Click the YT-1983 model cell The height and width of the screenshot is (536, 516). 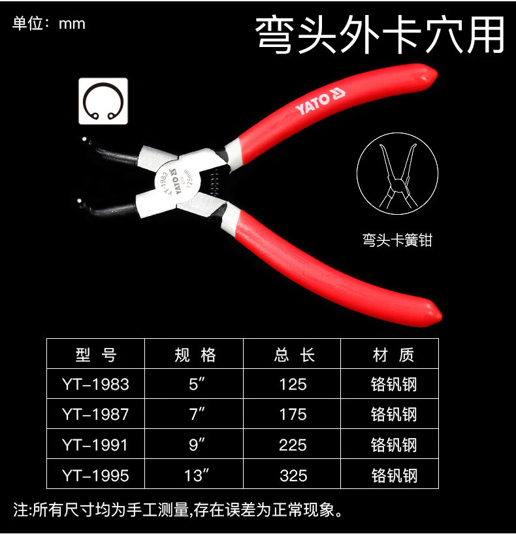coord(95,385)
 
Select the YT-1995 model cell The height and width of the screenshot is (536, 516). coord(95,475)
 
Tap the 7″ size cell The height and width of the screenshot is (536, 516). coord(197,414)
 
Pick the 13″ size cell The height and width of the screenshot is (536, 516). coord(197,475)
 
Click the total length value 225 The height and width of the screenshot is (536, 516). coord(293,445)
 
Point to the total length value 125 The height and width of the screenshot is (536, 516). coord(293,385)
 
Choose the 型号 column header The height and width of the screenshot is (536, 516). coord(96,355)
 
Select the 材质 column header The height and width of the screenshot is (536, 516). coord(393,355)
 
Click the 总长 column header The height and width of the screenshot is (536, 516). coord(294,355)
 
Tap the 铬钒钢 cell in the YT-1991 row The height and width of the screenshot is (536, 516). coord(394,445)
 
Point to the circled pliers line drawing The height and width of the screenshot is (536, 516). coord(397,173)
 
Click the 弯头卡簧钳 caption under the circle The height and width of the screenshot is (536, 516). coord(397,240)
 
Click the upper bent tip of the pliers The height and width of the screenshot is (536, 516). coord(85,140)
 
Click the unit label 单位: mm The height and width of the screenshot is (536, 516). coord(48,24)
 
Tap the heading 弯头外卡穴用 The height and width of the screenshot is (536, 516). coord(380,35)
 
